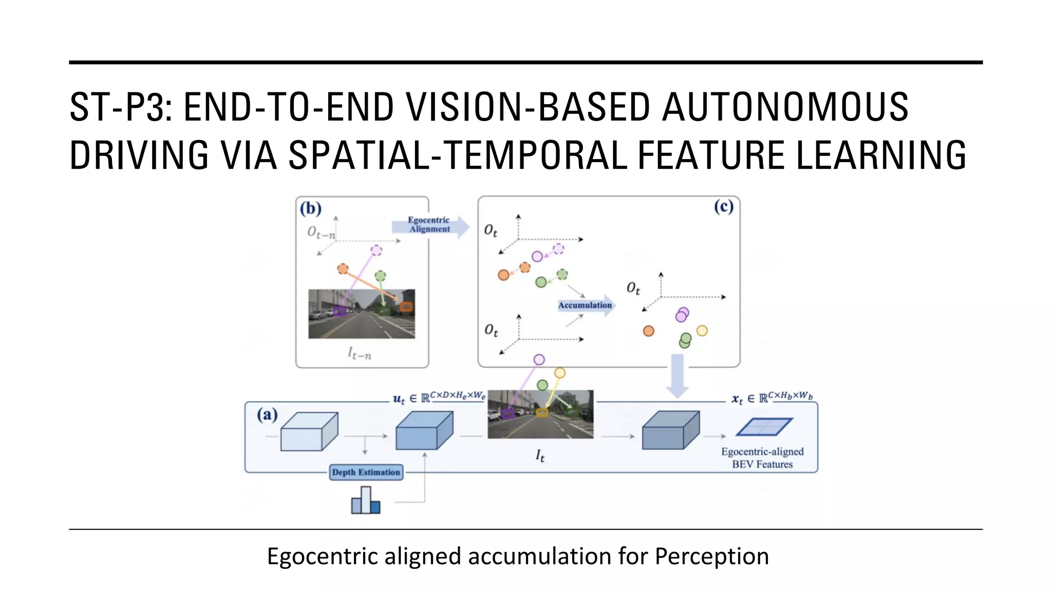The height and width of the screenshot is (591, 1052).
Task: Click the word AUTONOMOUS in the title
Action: [x=785, y=107]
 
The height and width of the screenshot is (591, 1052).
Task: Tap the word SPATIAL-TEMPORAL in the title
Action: [x=458, y=155]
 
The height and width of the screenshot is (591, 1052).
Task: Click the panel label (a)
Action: [x=267, y=415]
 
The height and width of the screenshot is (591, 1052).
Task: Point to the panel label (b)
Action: [x=311, y=208]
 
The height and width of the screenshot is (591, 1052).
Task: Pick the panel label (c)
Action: [x=723, y=207]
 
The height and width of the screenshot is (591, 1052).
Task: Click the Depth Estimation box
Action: [x=366, y=472]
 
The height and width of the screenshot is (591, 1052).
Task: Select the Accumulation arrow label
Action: [x=585, y=305]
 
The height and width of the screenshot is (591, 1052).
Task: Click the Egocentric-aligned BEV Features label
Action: [x=762, y=458]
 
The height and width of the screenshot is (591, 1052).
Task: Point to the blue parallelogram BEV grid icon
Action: [x=764, y=427]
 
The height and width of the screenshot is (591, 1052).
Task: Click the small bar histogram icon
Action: [x=366, y=501]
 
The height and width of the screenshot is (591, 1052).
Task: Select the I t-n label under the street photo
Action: [x=359, y=353]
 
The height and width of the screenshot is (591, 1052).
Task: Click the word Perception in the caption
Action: [x=711, y=556]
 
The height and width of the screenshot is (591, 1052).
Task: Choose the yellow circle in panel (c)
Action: [x=702, y=331]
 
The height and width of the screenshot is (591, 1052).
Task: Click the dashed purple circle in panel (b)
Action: [x=377, y=250]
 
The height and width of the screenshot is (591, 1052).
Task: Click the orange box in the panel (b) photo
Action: [x=406, y=307]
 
